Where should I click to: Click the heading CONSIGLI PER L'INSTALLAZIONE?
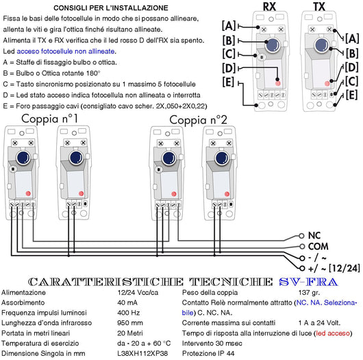click(x=111, y=8)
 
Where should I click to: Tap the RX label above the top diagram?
click(x=269, y=6)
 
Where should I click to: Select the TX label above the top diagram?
click(x=319, y=6)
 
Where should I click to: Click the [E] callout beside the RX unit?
click(x=229, y=82)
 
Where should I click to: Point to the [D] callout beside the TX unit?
click(x=351, y=67)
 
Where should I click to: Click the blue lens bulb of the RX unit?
click(x=273, y=45)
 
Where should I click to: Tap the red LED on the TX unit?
click(x=327, y=84)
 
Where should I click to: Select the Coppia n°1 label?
click(x=49, y=119)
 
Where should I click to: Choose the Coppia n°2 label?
click(x=198, y=120)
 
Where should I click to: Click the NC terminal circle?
click(x=301, y=236)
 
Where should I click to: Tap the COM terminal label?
click(x=318, y=246)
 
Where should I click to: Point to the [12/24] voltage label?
click(x=345, y=268)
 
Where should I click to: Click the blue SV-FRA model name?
click(x=308, y=282)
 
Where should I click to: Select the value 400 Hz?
click(x=129, y=313)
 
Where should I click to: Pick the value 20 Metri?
click(x=130, y=333)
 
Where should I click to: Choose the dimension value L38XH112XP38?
click(x=142, y=354)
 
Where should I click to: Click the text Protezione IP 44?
click(x=208, y=354)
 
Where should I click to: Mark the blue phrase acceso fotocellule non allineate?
click(x=66, y=51)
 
